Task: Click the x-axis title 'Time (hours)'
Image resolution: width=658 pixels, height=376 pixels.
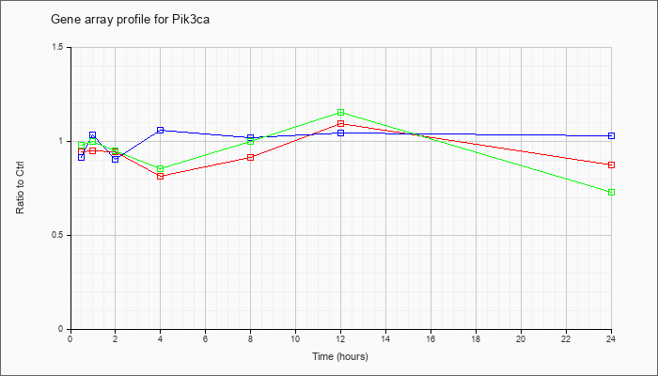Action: [340, 357]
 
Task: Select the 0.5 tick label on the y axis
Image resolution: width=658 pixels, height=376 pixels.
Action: [57, 235]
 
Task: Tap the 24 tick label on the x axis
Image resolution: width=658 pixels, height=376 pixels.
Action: [611, 339]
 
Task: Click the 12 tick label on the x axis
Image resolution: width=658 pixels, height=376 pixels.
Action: [340, 339]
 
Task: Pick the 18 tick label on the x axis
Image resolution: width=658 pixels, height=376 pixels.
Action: [476, 339]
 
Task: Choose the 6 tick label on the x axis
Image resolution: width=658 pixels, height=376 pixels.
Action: [205, 339]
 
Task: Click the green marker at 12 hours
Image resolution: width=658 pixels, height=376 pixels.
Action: [340, 113]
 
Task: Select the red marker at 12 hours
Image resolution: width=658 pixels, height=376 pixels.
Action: [340, 123]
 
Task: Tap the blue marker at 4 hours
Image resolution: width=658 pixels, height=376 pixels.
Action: [160, 130]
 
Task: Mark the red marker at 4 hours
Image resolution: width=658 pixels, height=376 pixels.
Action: [160, 176]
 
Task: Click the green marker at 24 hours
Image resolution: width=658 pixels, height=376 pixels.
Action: [611, 192]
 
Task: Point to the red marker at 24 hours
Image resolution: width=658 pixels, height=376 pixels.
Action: [611, 164]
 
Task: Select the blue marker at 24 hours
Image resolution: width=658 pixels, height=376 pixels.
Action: [611, 136]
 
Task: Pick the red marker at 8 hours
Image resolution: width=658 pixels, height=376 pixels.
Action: [250, 157]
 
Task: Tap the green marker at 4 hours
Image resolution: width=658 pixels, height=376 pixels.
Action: [160, 168]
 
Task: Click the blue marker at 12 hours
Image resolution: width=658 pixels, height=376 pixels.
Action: [340, 133]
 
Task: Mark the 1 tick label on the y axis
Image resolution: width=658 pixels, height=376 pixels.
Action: [62, 141]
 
